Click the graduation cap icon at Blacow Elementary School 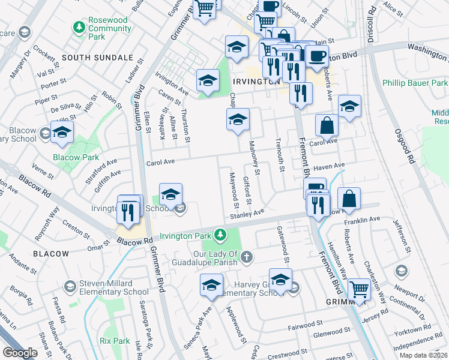click(61, 133)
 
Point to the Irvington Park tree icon click(221, 233)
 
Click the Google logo click(20, 353)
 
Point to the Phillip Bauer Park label click(415, 82)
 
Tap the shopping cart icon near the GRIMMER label click(359, 289)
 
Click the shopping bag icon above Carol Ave click(327, 125)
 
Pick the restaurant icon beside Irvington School click(128, 210)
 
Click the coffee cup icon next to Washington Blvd click(316, 56)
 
